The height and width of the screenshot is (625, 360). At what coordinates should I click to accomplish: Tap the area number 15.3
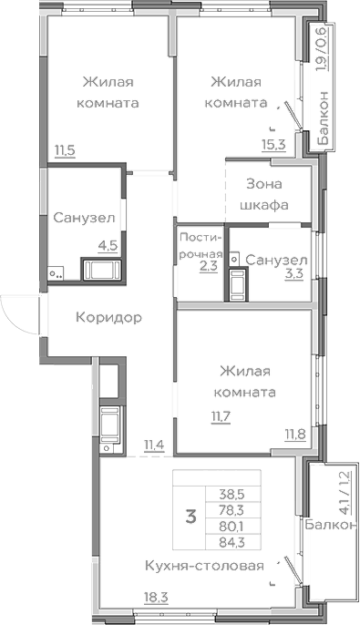(x=273, y=142)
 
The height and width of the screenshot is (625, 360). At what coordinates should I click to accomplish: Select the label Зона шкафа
(x=264, y=193)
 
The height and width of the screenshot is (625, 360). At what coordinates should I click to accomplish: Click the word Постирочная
(x=200, y=245)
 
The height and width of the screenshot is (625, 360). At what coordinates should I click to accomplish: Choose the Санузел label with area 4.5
(x=83, y=219)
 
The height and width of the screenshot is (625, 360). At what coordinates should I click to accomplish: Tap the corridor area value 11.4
(x=153, y=445)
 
